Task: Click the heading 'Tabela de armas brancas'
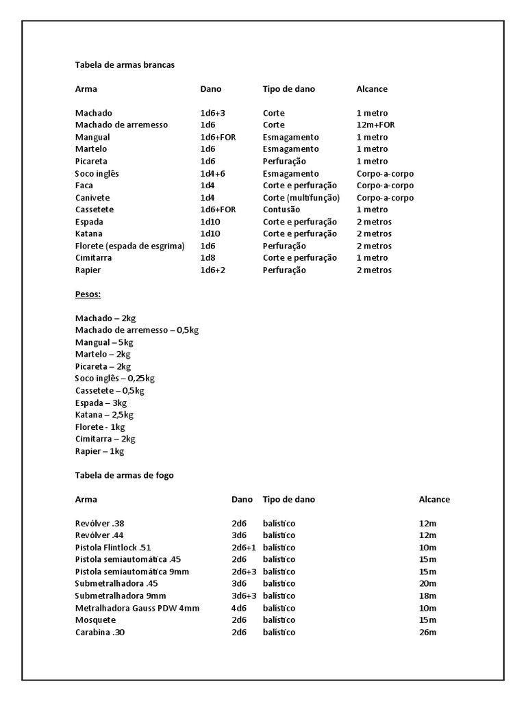(x=125, y=65)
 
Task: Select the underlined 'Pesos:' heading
(x=88, y=294)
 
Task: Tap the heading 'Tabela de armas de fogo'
(x=124, y=475)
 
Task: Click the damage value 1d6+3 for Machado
(x=213, y=113)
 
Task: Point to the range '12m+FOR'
(x=375, y=125)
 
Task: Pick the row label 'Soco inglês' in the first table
(x=97, y=174)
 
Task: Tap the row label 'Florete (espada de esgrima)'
(x=130, y=246)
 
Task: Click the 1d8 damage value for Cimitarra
(x=208, y=258)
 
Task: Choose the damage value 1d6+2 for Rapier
(x=213, y=270)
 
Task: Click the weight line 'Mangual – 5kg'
(x=104, y=342)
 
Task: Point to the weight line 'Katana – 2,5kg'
(x=104, y=415)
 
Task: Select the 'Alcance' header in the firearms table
(x=434, y=500)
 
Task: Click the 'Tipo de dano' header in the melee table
(x=289, y=89)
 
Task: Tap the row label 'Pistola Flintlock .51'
(x=113, y=548)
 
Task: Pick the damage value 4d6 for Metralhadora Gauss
(x=239, y=608)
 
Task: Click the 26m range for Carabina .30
(x=427, y=633)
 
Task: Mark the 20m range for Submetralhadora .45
(x=427, y=584)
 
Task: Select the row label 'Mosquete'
(x=95, y=620)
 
